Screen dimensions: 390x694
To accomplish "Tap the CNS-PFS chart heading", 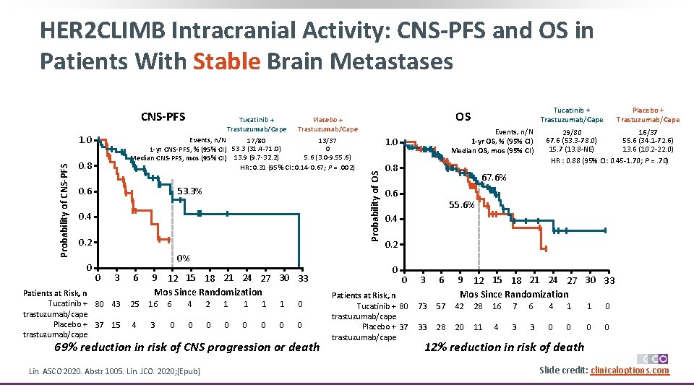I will (x=163, y=117).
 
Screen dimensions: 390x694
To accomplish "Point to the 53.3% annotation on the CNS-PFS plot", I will (x=189, y=191).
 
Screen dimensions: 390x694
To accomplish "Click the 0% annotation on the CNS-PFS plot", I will (x=184, y=258).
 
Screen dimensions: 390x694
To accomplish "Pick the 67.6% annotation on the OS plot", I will (x=494, y=178).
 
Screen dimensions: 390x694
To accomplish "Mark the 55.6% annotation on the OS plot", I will (x=461, y=204).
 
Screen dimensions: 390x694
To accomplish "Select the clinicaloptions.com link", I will (x=630, y=370).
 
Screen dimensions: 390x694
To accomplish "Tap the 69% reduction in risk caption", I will (x=187, y=347).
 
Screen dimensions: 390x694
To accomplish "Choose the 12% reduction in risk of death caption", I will (x=504, y=347).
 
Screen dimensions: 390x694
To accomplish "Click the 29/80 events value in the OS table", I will (x=571, y=131).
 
